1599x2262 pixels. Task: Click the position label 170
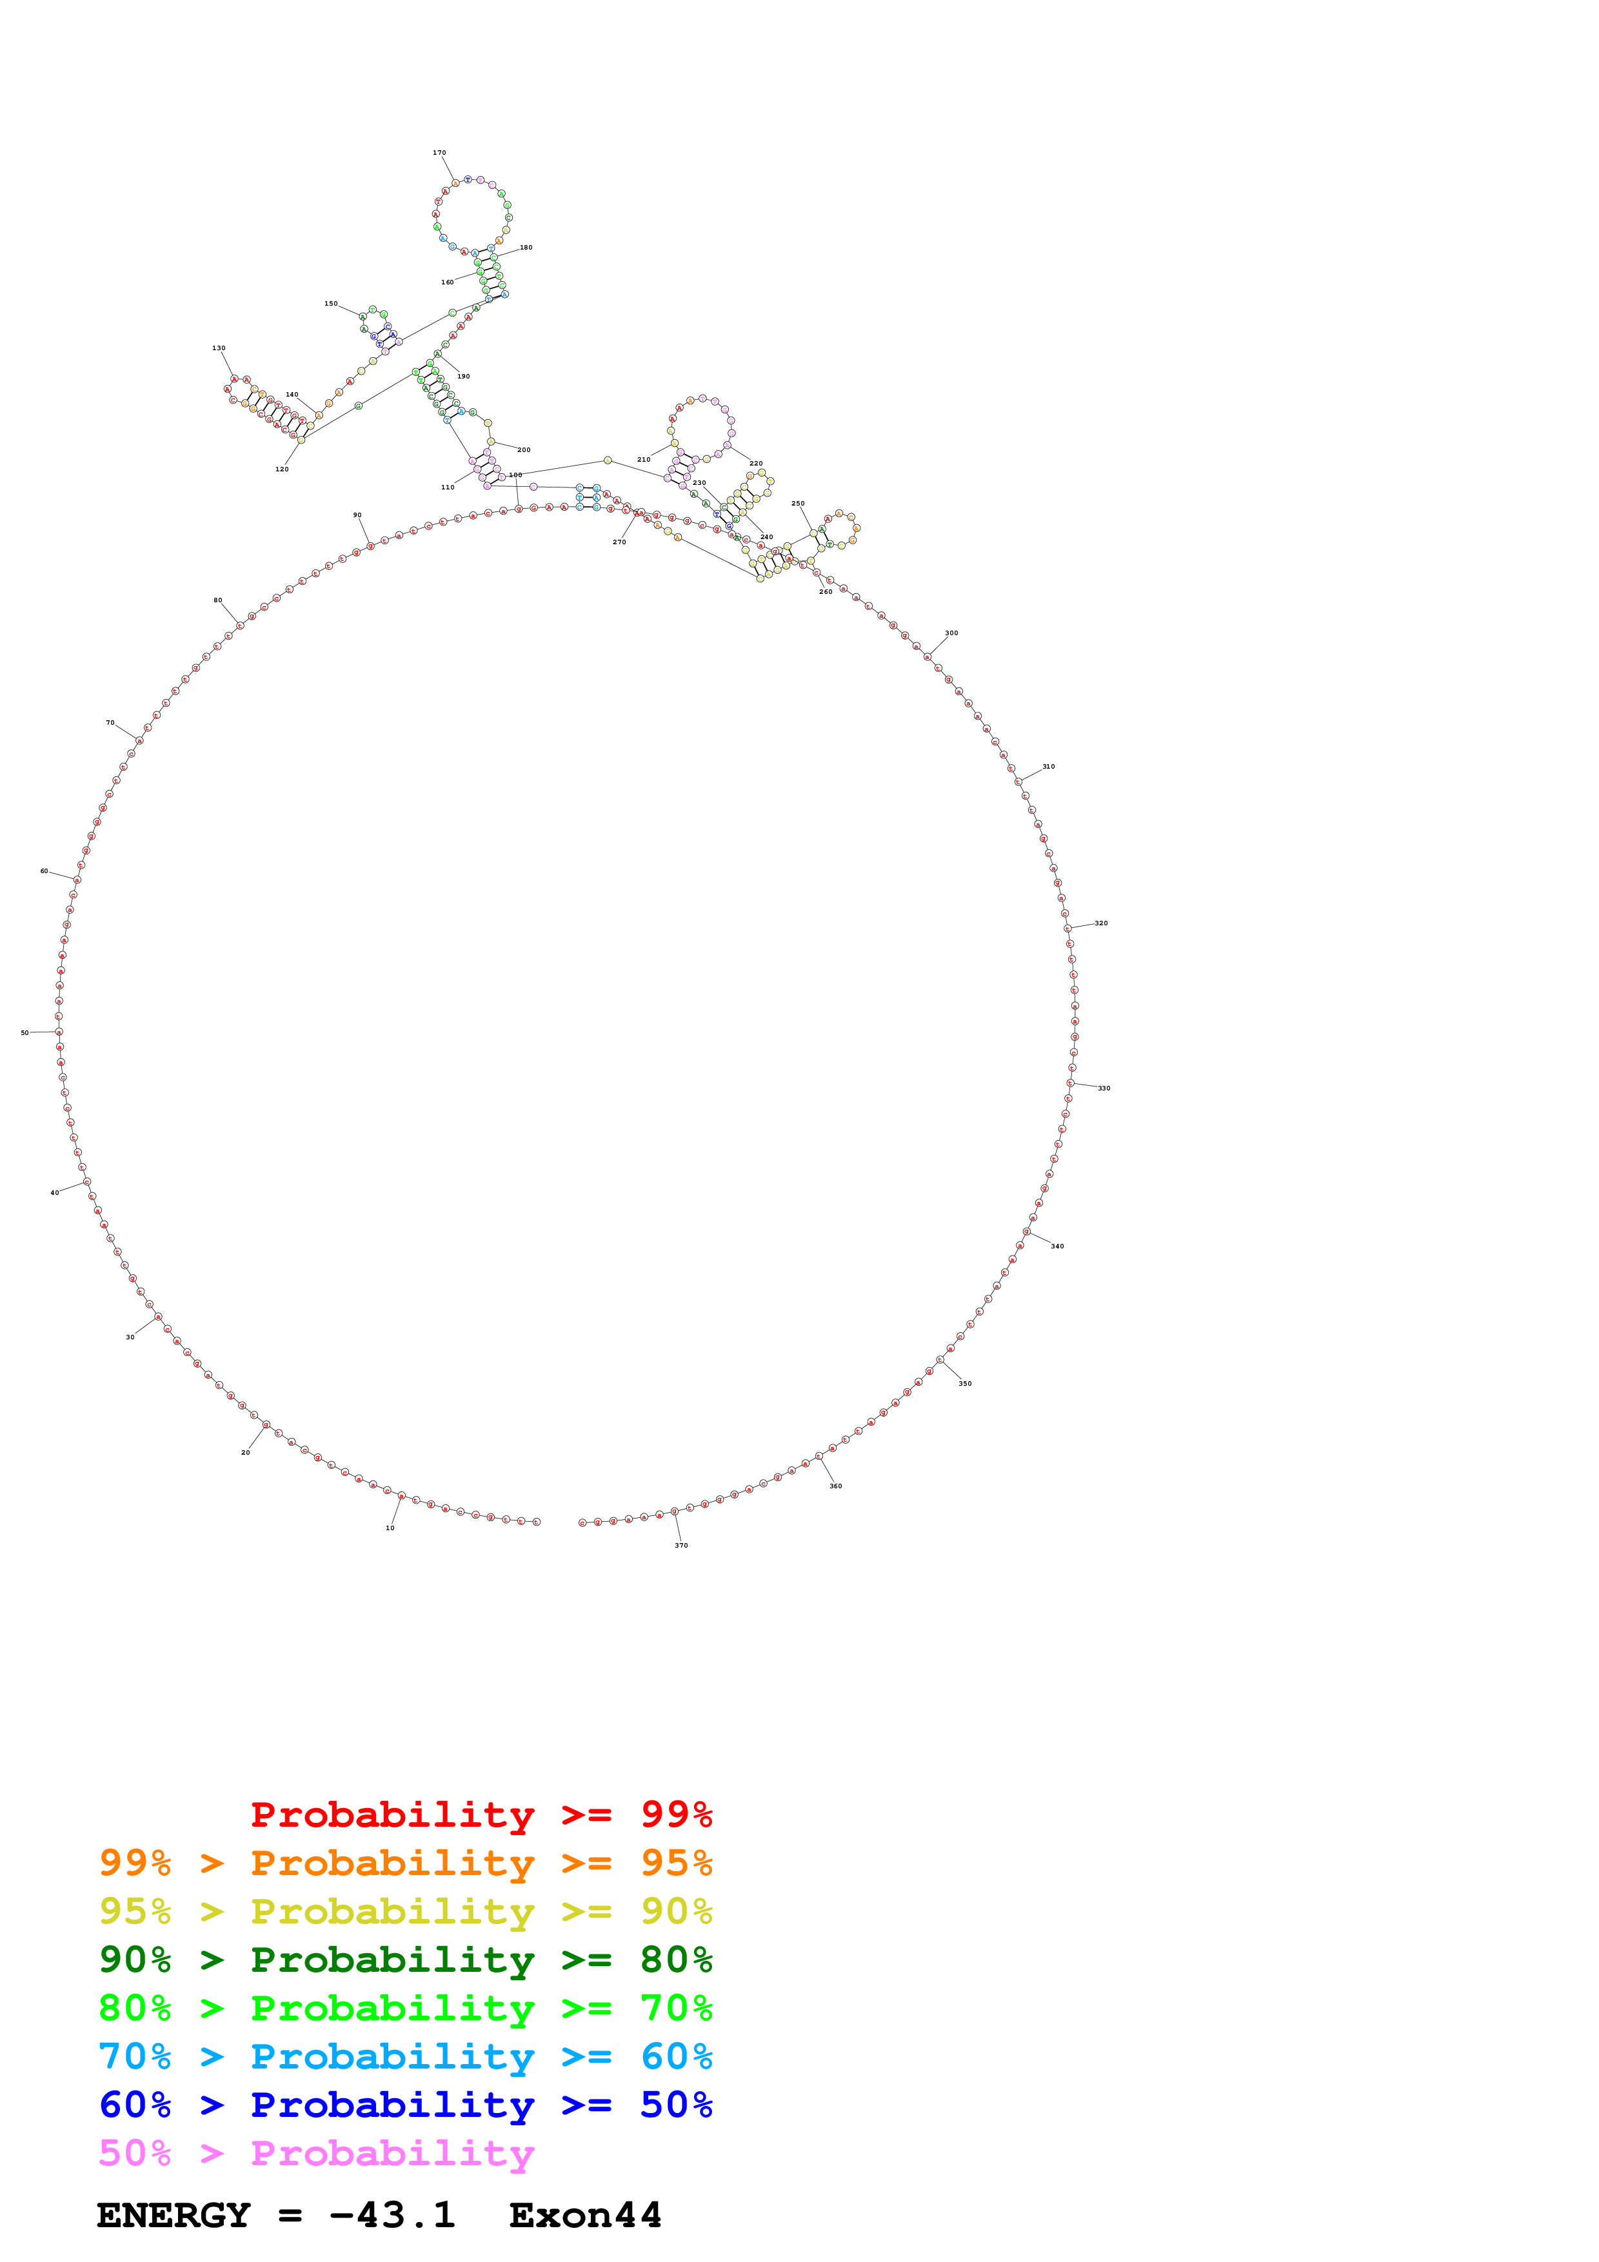point(439,153)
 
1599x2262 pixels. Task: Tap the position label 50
point(25,1032)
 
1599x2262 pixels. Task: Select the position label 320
point(1102,923)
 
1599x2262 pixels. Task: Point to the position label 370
point(680,1545)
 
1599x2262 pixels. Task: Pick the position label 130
point(219,348)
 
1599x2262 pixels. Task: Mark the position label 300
point(951,633)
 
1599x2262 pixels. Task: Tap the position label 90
point(357,515)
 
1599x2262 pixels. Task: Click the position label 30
point(130,1337)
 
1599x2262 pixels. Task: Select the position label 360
point(835,1486)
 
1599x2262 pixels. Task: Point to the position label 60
point(45,871)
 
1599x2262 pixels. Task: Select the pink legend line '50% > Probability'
point(316,2152)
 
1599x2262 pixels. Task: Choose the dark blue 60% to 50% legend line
point(405,2105)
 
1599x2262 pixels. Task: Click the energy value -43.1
point(392,2215)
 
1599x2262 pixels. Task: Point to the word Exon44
point(585,2215)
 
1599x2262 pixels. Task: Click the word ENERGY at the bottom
point(174,2215)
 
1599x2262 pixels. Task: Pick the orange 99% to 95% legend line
point(405,1863)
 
